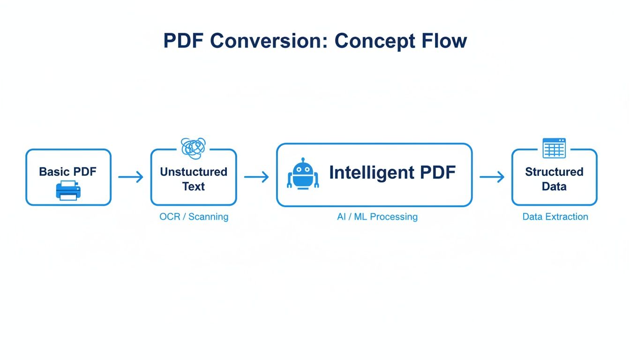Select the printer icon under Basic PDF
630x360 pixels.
tap(68, 190)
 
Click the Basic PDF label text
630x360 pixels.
tap(67, 172)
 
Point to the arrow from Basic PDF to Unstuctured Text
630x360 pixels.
tap(131, 177)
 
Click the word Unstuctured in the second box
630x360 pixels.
tap(194, 172)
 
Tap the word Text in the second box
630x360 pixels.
tap(194, 187)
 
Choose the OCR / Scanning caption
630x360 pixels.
tap(194, 217)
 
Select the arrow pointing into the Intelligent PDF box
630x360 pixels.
tap(256, 177)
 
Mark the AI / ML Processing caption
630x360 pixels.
tap(377, 217)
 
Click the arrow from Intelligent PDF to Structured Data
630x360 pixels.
tap(492, 177)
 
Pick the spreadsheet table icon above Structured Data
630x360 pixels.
tap(554, 148)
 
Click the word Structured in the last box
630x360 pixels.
tap(554, 172)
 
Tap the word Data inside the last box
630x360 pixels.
tap(554, 187)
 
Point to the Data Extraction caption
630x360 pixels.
tap(555, 217)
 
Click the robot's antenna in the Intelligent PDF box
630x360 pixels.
tap(303, 160)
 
